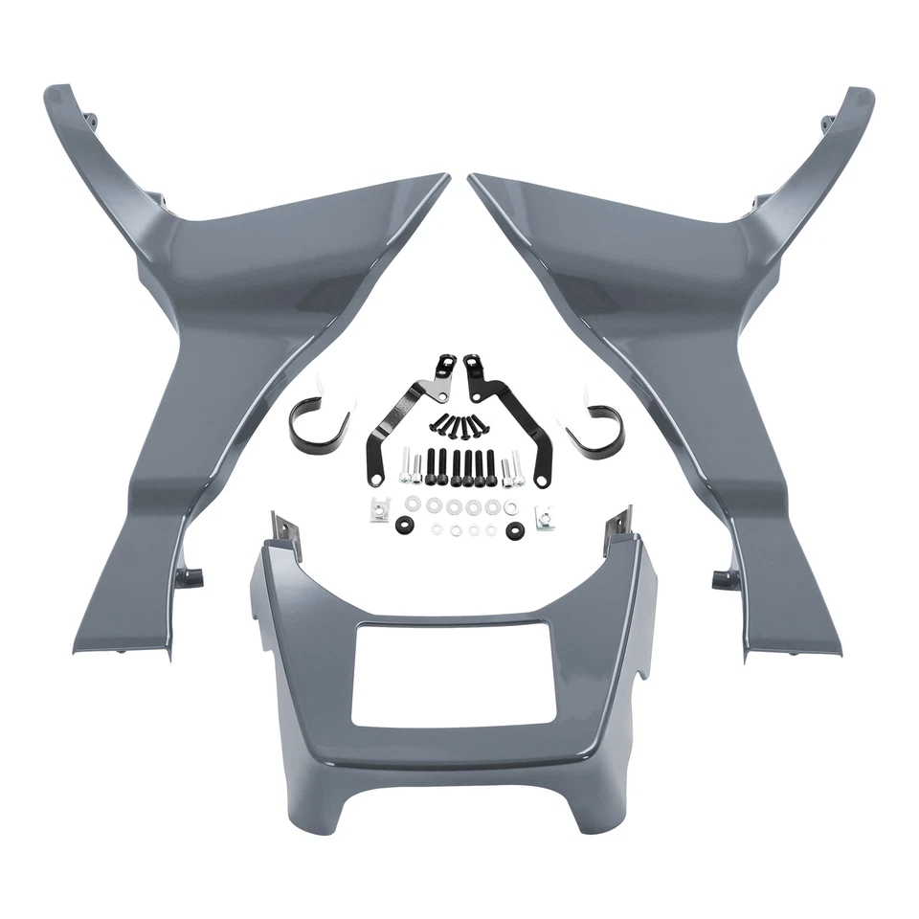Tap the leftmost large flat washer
coord(413,504)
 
